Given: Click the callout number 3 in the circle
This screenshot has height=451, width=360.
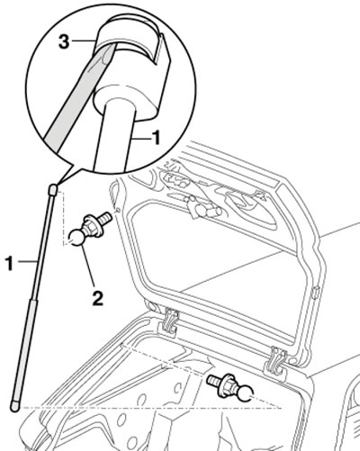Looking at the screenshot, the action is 64,41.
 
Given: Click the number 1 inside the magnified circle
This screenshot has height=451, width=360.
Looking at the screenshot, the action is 156,138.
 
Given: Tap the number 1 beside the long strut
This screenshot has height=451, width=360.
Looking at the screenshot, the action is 10,264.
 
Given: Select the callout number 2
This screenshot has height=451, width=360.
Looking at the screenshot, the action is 97,299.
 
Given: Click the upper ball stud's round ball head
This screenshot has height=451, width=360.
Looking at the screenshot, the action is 76,238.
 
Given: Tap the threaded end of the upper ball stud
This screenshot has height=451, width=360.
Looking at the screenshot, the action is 106,217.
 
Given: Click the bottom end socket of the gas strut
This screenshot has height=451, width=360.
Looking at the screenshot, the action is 15,406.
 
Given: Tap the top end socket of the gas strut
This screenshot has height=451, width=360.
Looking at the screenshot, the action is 52,190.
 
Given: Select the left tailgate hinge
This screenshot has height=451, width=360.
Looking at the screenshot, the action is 170,322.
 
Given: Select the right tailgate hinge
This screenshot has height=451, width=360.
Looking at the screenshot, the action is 276,361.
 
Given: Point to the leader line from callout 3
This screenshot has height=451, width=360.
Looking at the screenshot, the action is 83,41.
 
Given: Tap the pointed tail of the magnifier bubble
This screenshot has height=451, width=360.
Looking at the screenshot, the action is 58,184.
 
